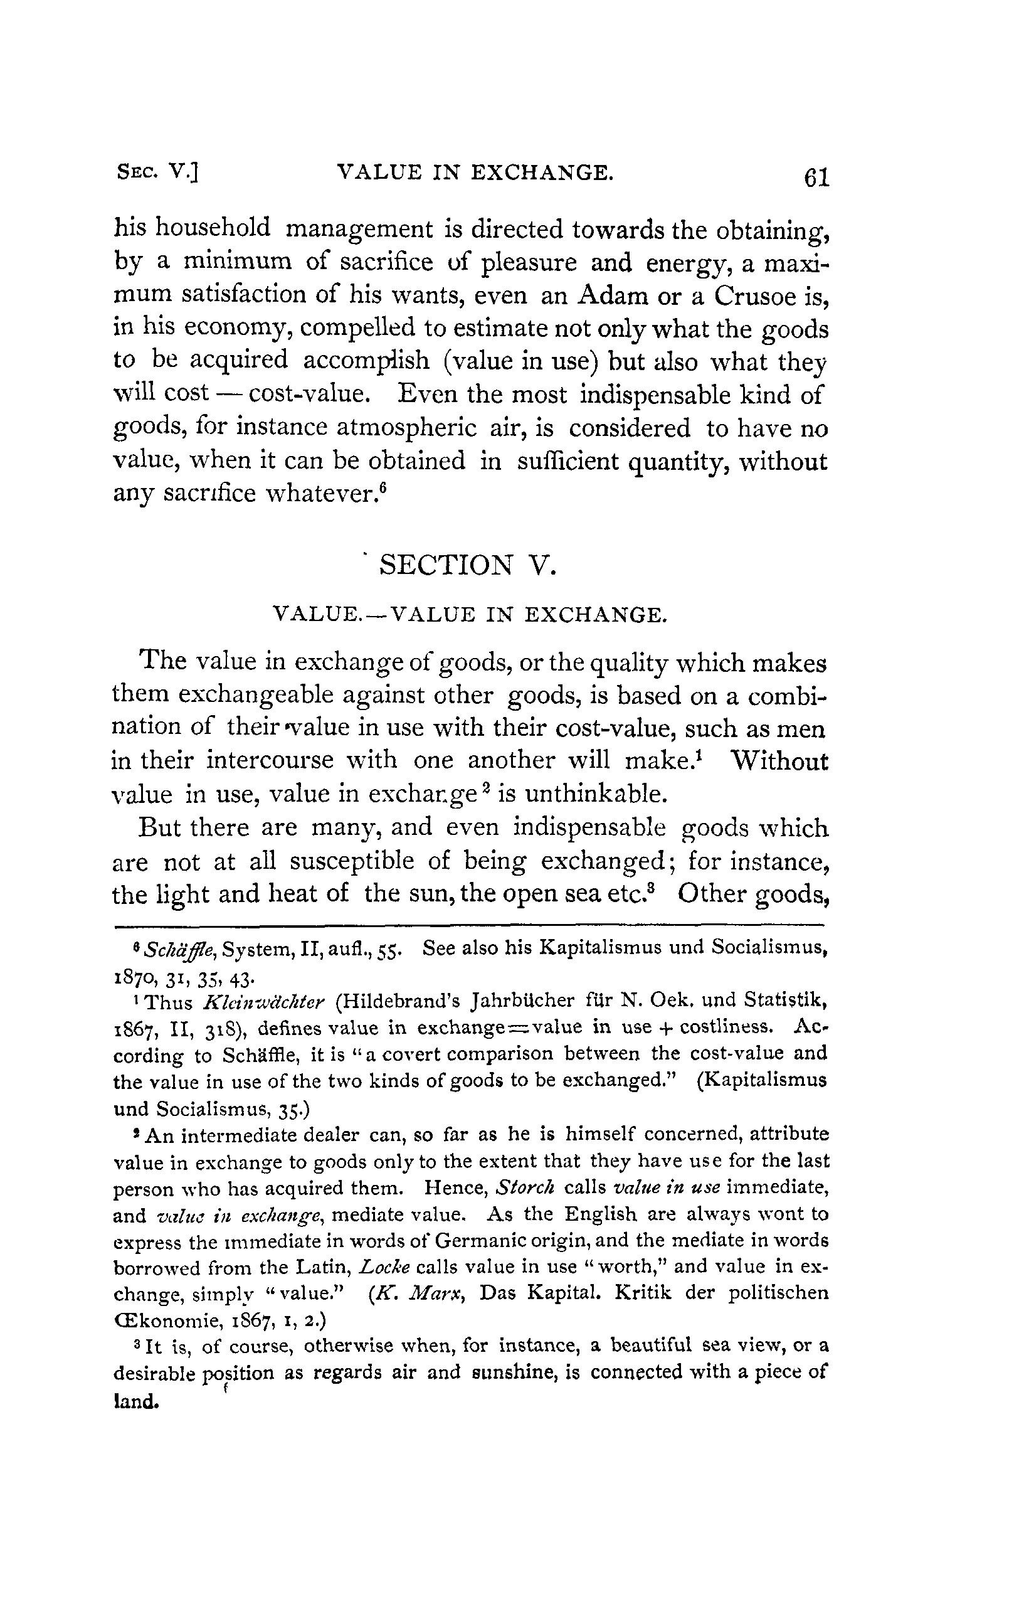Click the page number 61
(x=816, y=178)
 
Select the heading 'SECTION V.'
(x=467, y=565)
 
